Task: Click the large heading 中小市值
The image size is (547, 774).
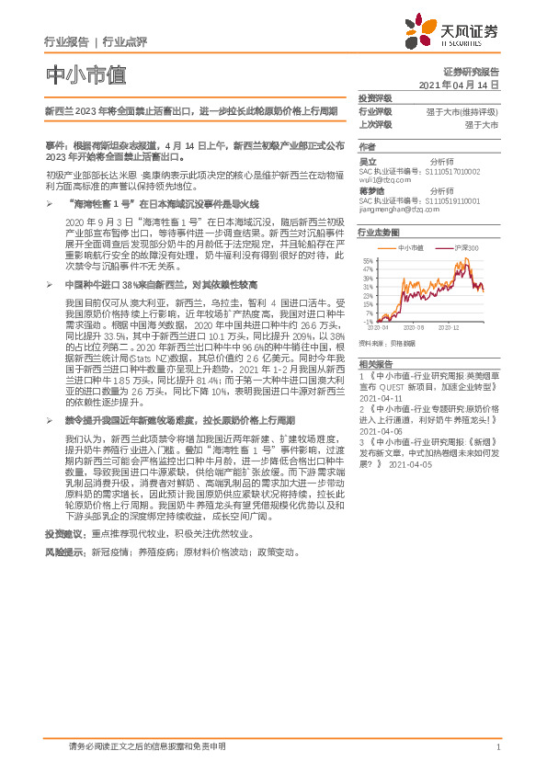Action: click(85, 74)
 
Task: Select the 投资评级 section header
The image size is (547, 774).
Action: click(375, 97)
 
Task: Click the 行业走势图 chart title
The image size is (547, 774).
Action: click(379, 233)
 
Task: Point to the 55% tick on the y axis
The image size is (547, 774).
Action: click(368, 262)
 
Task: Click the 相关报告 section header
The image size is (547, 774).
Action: click(375, 363)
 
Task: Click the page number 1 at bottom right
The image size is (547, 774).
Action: click(497, 747)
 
